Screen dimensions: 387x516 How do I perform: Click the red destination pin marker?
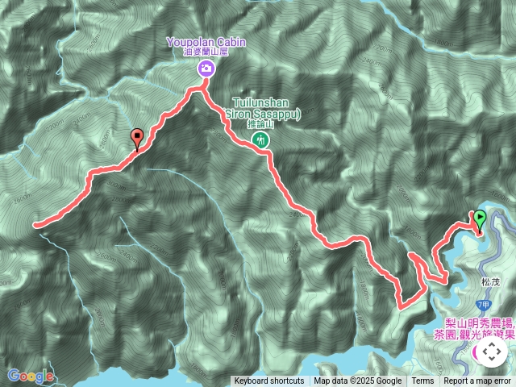click(137, 139)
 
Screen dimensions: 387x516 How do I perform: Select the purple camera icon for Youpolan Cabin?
click(206, 69)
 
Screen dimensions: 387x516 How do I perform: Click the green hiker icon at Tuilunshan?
click(260, 139)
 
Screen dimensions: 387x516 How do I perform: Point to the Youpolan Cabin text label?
click(206, 42)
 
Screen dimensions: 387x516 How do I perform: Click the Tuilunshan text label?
click(266, 104)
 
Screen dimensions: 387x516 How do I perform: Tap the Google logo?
click(31, 376)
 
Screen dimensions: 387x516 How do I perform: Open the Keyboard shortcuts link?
click(269, 381)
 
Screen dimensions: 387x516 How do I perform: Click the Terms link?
click(422, 381)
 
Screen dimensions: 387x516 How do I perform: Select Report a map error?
click(478, 381)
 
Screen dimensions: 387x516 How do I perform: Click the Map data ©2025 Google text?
click(358, 381)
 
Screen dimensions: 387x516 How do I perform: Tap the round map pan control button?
click(491, 352)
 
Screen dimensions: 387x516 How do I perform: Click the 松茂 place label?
click(491, 282)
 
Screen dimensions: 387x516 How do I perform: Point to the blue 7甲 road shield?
click(483, 305)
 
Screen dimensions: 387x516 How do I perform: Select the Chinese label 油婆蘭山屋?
click(206, 52)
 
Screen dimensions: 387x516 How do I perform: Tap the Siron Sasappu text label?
click(266, 114)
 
